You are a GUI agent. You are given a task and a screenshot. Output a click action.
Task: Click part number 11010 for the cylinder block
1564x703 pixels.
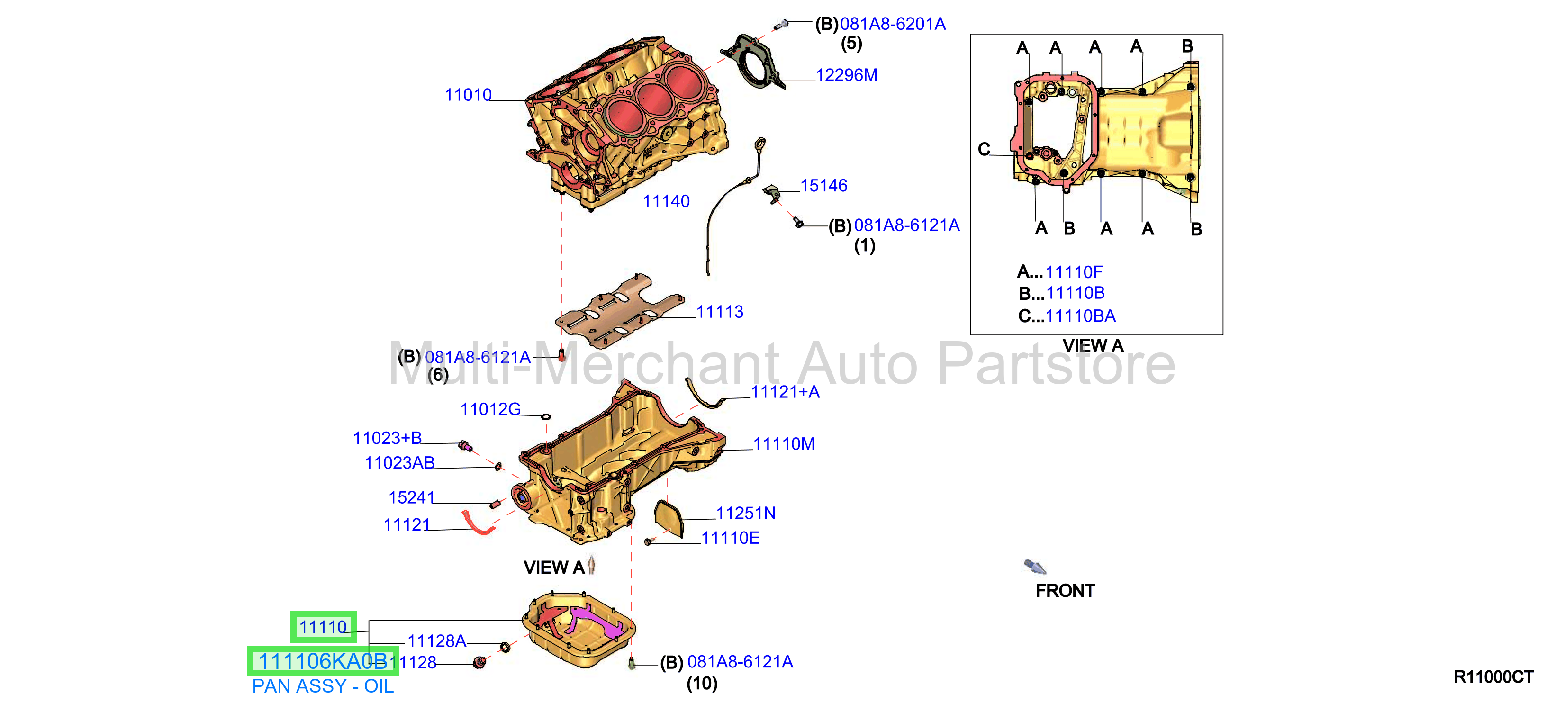(x=468, y=95)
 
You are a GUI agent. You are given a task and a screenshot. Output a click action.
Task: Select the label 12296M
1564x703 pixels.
(x=846, y=75)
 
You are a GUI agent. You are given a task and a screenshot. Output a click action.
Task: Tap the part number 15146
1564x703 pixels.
(x=823, y=186)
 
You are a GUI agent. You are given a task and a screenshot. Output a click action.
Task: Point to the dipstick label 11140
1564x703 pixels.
(x=666, y=201)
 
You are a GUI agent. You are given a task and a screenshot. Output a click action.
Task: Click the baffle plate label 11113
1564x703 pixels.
(x=720, y=312)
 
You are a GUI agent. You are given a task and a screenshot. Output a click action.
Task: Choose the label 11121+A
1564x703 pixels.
(x=785, y=392)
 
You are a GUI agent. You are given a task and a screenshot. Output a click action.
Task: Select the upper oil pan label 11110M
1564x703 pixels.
(x=784, y=444)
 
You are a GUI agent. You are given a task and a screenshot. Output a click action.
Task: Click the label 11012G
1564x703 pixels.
(x=490, y=410)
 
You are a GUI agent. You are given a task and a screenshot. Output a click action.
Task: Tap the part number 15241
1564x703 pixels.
(x=412, y=498)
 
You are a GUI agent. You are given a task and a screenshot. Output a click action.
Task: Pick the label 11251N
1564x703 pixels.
(x=746, y=514)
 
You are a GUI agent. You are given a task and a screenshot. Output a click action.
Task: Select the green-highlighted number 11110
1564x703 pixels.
(x=323, y=627)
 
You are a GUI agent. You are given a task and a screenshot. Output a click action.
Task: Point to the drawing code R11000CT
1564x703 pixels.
(x=1493, y=677)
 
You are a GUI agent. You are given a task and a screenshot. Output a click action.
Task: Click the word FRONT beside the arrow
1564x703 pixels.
(x=1065, y=591)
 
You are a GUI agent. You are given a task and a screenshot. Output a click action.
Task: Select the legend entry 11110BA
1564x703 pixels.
(x=1081, y=316)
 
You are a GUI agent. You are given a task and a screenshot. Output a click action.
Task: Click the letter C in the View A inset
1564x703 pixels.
(x=984, y=149)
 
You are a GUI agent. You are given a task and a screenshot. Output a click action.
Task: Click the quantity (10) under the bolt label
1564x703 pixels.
(x=702, y=684)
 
